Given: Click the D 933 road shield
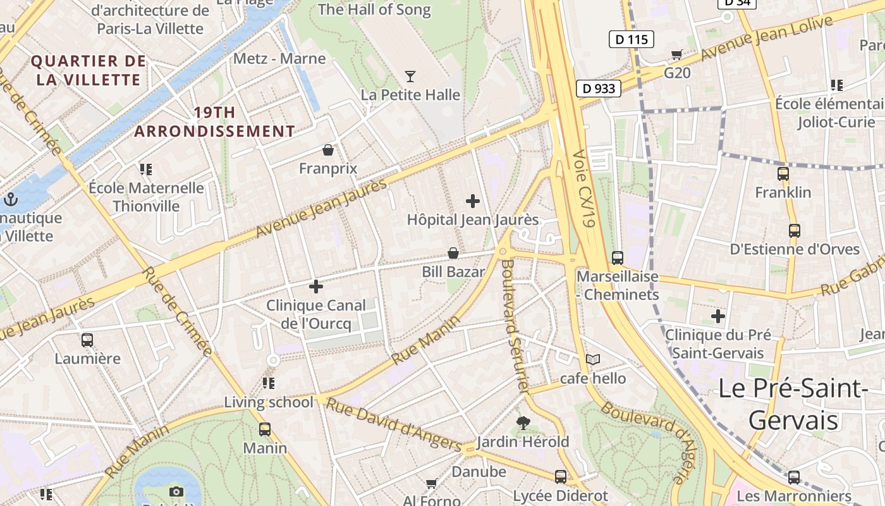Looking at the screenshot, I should pos(598,89).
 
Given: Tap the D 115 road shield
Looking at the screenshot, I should pos(631,39).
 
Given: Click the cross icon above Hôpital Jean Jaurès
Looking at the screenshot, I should pos(473,201).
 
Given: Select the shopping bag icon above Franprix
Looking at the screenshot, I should pos(328,150).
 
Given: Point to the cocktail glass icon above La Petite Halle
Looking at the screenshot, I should pos(410,77).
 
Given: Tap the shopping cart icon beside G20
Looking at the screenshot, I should pos(677,55).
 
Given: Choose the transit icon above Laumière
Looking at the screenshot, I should pos(87,340).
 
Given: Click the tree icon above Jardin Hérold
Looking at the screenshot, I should pos(523,423).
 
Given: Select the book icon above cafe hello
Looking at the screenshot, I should pos(592,360).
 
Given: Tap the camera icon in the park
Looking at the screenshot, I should pos(176,491).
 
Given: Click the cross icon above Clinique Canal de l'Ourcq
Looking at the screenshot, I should pos(316,287).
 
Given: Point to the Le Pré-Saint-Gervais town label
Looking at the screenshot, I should pos(793,404).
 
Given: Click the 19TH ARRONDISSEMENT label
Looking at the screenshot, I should pos(214,122).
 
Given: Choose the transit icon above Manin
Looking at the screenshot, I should pos(265,429).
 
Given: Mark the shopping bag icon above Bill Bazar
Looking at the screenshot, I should pos(453,254).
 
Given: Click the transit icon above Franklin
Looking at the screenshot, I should pos(783,174).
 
